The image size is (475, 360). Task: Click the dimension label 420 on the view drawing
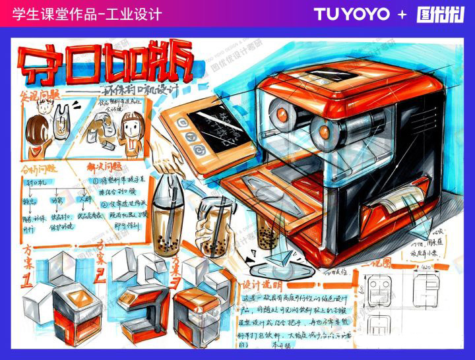pos(426,269)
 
